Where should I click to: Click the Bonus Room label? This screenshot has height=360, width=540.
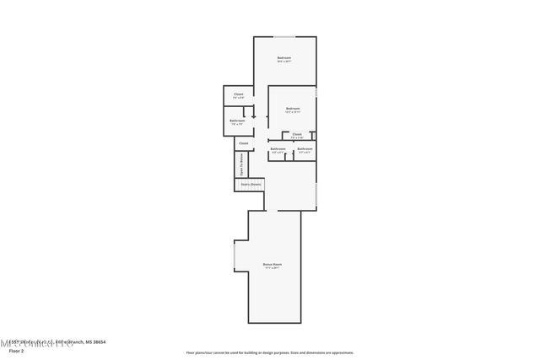click(272, 264)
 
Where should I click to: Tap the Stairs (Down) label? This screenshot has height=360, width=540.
click(251, 183)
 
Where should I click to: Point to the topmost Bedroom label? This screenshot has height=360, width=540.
click(284, 57)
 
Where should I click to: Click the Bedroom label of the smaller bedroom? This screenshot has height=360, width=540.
click(293, 109)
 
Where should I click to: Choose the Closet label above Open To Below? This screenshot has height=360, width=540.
click(243, 143)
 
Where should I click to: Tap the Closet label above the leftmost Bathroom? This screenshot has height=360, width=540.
click(238, 94)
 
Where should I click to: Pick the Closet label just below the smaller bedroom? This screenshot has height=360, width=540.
click(297, 134)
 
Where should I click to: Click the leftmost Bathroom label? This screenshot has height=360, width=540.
click(237, 121)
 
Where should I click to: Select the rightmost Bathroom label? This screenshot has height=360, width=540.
click(305, 149)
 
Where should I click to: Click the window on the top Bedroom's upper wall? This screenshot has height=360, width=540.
click(284, 36)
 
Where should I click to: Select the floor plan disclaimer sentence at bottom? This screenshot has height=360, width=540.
click(269, 352)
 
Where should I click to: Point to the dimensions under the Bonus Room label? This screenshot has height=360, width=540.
click(272, 268)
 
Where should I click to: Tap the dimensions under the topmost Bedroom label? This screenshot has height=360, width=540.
click(284, 62)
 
